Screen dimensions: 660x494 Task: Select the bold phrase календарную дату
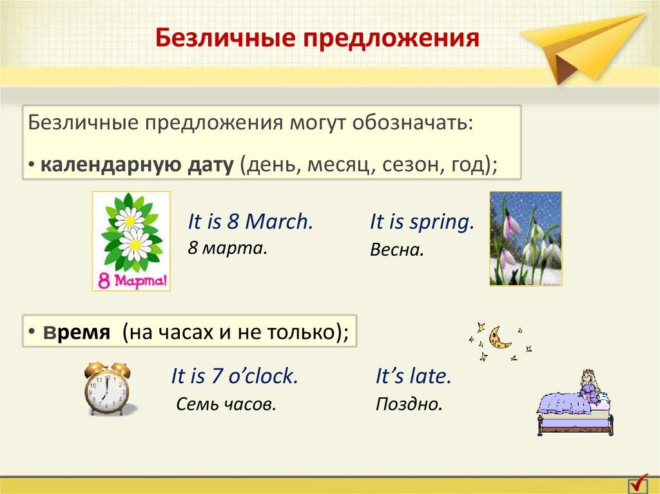coord(137,165)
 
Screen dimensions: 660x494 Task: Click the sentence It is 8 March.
coord(251,222)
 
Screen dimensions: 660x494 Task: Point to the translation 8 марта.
coord(228,247)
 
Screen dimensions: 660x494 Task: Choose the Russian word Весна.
coord(396,250)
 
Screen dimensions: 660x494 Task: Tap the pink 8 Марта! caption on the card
coord(132,280)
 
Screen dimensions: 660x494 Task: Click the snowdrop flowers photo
coord(526,238)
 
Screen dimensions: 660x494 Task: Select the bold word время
coord(77,332)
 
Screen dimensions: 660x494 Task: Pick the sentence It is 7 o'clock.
coord(235,375)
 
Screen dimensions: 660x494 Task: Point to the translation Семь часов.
coord(226,404)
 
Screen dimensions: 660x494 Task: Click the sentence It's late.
coord(413,375)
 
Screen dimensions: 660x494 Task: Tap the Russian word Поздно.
coord(409,404)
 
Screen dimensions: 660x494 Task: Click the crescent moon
coord(498,339)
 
